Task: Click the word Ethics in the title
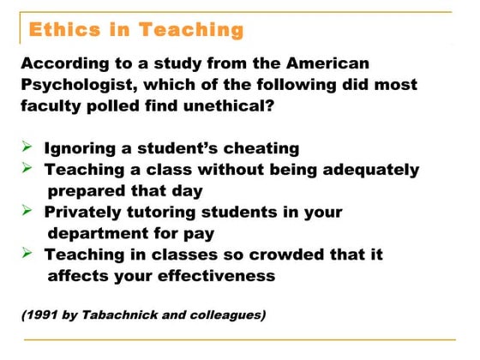63,30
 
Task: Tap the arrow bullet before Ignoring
27,147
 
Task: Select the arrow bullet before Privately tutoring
27,211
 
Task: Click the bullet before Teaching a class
27,169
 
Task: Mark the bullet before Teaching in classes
27,254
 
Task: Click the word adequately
368,169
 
